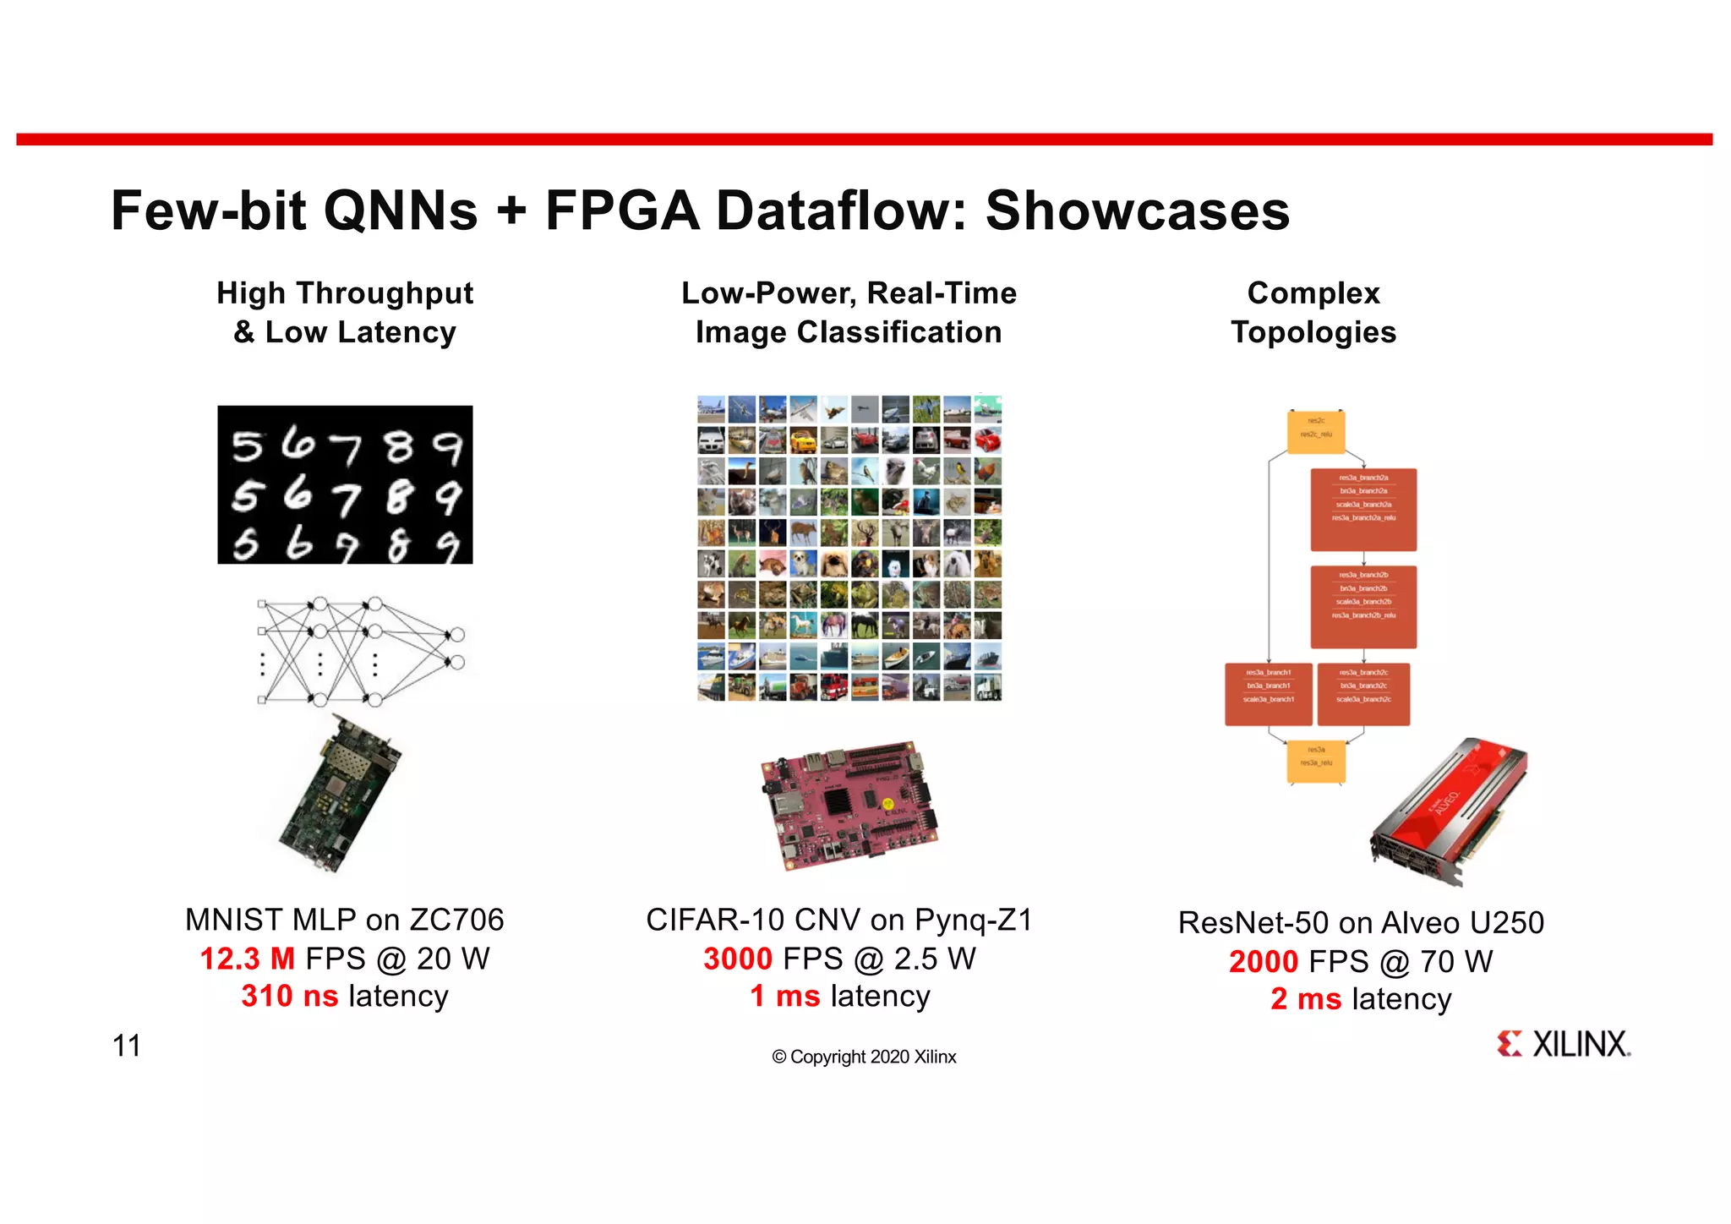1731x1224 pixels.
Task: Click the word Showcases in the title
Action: tap(1138, 210)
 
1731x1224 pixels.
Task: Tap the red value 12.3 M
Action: tap(247, 959)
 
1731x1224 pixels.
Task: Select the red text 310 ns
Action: tap(289, 996)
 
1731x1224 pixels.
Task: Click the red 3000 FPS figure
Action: tap(738, 959)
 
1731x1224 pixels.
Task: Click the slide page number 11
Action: tap(126, 1046)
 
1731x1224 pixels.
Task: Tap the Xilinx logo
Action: tap(1563, 1044)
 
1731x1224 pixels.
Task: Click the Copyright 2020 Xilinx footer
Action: tap(864, 1057)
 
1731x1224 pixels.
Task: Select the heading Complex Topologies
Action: tap(1313, 312)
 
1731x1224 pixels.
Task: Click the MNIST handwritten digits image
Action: tap(345, 484)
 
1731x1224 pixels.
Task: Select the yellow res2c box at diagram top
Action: tap(1315, 431)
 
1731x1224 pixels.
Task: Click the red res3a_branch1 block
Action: tap(1268, 694)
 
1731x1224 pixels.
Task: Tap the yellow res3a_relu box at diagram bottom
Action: tap(1315, 760)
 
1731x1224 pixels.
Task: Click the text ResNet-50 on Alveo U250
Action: tap(1361, 922)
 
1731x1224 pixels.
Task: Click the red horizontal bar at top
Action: tap(864, 139)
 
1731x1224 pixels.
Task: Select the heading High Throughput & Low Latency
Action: tap(345, 312)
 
